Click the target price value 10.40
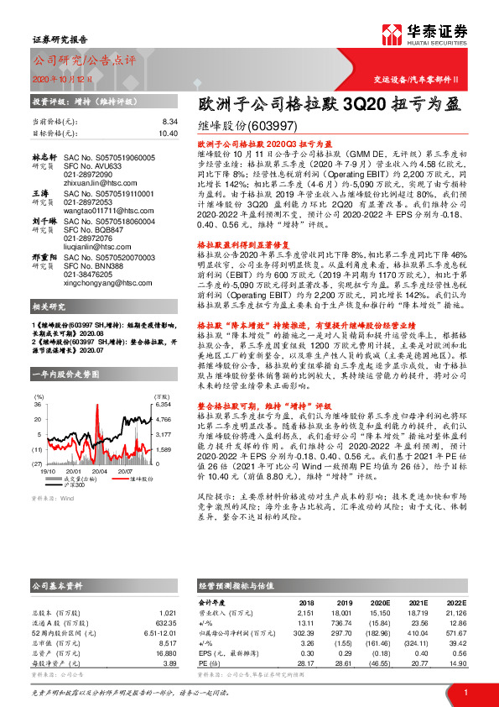click(168, 133)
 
